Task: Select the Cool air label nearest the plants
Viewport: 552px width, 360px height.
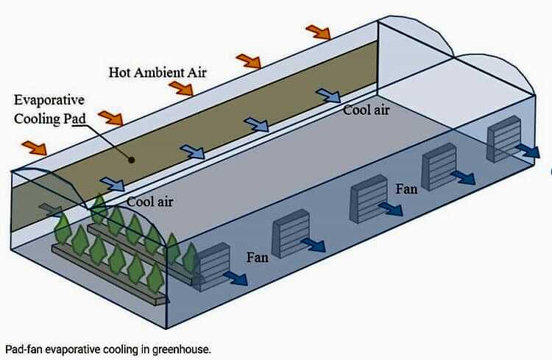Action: [149, 200]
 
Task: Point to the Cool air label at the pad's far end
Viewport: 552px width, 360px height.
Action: [366, 110]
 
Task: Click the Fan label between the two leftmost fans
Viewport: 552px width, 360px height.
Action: [258, 258]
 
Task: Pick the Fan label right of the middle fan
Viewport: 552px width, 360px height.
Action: [406, 189]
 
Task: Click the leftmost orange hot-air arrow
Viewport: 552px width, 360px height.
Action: [33, 147]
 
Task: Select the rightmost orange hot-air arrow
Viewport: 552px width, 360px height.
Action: [318, 31]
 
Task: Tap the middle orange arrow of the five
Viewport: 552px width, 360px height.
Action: [180, 89]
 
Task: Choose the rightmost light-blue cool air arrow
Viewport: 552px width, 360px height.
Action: [328, 96]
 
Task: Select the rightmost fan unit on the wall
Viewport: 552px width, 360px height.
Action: [504, 138]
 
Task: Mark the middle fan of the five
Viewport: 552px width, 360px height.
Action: [369, 197]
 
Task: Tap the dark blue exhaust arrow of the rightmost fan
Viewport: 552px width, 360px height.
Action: [528, 150]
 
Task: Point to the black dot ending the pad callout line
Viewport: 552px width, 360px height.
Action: [130, 158]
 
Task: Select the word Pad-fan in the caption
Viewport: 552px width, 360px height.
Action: [23, 348]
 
